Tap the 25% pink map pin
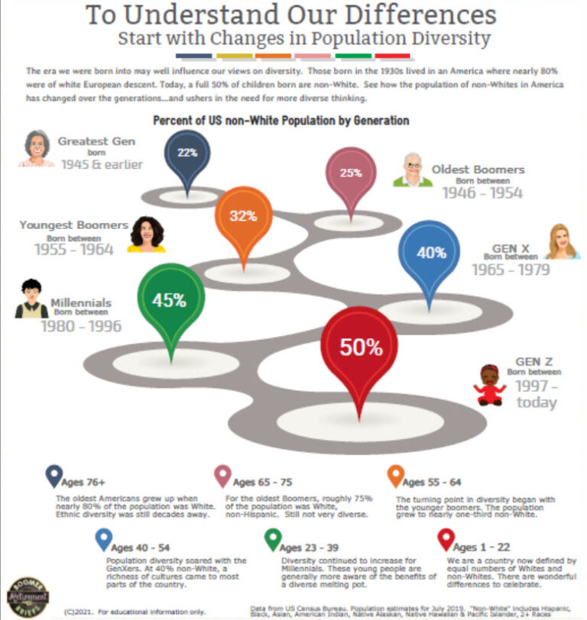tap(351, 174)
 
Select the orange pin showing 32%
tap(243, 217)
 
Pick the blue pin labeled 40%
tap(430, 254)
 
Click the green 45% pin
tap(170, 301)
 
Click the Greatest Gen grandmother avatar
tap(35, 147)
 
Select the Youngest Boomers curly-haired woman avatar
tap(147, 234)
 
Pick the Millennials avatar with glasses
tap(31, 299)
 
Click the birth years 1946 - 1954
tap(482, 193)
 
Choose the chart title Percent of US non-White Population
tap(281, 121)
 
